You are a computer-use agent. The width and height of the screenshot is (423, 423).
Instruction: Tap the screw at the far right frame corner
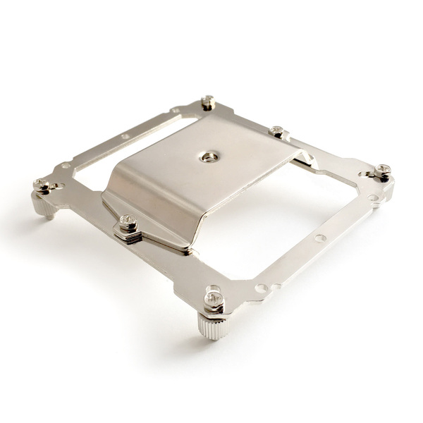click(383, 170)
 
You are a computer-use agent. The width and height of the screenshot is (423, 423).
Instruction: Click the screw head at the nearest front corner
click(214, 298)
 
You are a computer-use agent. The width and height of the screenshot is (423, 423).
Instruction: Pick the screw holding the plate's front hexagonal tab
click(127, 223)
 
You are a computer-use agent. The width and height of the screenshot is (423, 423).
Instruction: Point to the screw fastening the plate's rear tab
click(277, 131)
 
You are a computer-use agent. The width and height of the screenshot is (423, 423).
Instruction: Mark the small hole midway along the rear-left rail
click(125, 137)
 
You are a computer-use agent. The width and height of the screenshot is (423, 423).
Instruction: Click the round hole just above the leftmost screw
click(66, 166)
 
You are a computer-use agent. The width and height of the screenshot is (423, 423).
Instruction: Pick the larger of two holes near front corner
click(262, 288)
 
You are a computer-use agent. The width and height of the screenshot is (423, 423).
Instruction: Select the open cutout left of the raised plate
click(92, 162)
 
